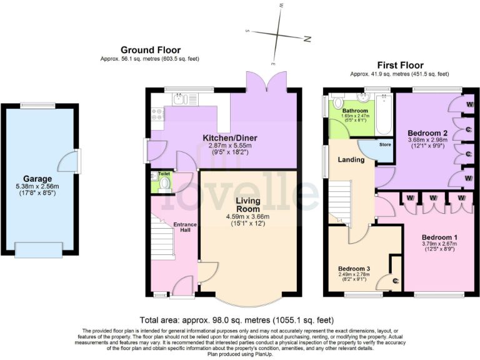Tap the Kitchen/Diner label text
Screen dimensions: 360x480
(x=229, y=137)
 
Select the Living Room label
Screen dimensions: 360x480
(x=247, y=204)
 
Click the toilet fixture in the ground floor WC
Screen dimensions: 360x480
(x=165, y=183)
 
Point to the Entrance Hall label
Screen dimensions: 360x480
(x=184, y=228)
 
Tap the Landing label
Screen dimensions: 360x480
(x=351, y=159)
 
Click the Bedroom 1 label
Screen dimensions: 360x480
(x=439, y=237)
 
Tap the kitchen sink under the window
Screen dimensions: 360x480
(x=178, y=98)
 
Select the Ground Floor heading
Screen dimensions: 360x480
(x=151, y=50)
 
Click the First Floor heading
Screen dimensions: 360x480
(x=399, y=65)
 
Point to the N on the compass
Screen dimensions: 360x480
(x=307, y=39)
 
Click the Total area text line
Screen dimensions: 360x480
(x=239, y=319)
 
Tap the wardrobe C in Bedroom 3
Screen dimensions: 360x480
(x=395, y=281)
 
